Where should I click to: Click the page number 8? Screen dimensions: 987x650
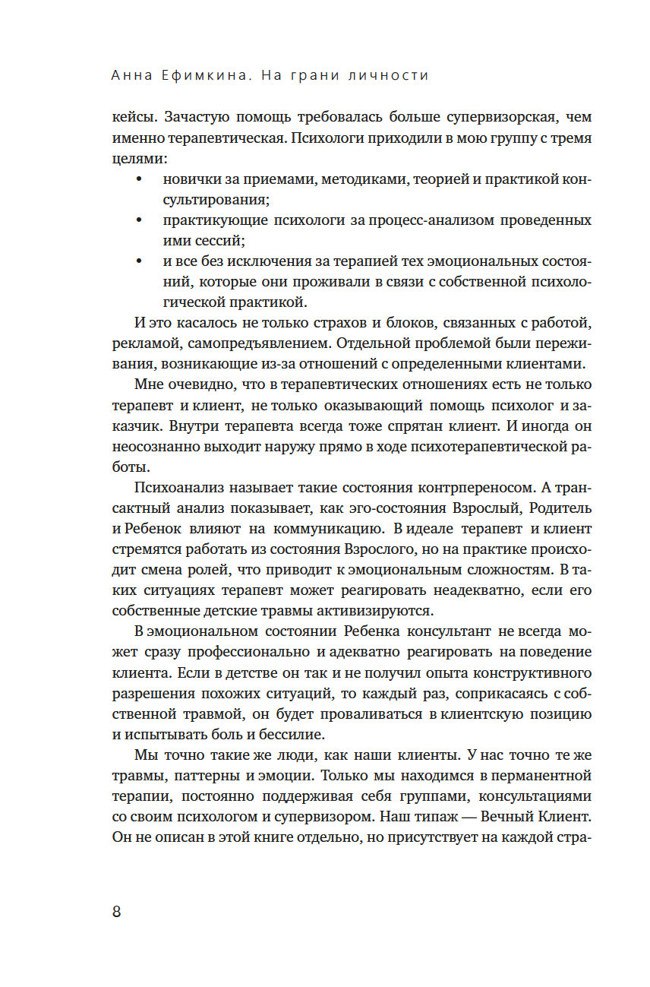coord(116,912)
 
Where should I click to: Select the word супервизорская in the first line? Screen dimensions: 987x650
coord(466,118)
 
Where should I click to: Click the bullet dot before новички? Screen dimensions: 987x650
coord(138,180)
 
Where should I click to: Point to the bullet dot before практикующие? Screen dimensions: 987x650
coord(138,220)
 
